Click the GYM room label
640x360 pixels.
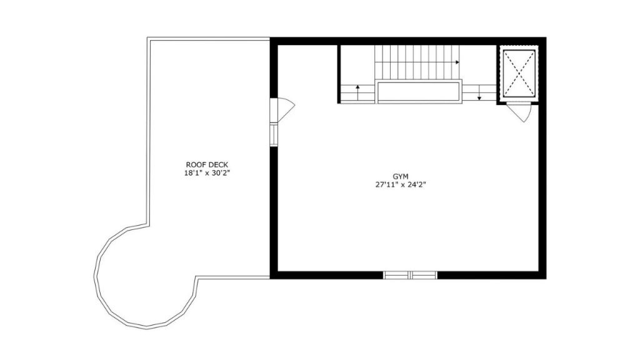(401, 176)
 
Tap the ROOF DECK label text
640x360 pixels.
(207, 165)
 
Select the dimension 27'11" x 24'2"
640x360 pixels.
(401, 184)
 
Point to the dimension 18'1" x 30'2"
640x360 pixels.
(207, 173)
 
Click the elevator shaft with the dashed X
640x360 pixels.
(519, 74)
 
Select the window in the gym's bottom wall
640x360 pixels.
(410, 275)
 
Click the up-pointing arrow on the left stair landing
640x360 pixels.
(357, 92)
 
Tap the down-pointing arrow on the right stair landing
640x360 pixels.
(479, 92)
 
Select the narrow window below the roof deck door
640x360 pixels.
(274, 134)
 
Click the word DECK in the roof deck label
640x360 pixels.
(219, 165)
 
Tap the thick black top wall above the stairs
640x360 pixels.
(408, 41)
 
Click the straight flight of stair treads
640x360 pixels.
(417, 63)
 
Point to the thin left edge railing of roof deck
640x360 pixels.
(149, 131)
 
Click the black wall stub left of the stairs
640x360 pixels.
(339, 74)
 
